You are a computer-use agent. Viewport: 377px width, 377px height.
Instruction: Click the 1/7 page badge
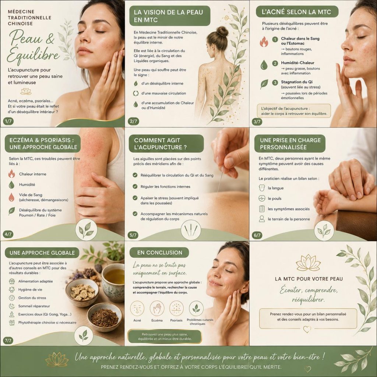[x=8, y=121]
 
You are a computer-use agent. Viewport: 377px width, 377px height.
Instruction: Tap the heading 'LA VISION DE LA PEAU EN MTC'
[x=168, y=16]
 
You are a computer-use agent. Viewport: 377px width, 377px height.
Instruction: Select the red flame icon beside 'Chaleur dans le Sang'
[x=264, y=41]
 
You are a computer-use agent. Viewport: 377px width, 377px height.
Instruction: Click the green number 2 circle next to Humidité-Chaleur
[x=275, y=63]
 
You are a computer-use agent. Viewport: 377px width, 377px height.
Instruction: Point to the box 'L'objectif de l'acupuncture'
[x=294, y=111]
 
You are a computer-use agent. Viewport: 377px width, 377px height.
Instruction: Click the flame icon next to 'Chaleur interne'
[x=11, y=174]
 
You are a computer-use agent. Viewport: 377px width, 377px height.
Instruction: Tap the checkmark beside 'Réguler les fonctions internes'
[x=135, y=186]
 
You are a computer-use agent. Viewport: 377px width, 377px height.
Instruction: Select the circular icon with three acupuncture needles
[x=191, y=230]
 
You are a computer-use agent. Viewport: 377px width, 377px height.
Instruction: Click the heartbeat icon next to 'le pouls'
[x=262, y=198]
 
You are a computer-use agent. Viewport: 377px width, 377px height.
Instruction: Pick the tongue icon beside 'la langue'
[x=262, y=188]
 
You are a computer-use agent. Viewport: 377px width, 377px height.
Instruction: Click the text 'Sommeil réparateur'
[x=34, y=306]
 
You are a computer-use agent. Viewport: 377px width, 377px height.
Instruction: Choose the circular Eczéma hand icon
[x=157, y=308]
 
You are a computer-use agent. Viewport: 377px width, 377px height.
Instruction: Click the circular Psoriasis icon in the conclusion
[x=176, y=308]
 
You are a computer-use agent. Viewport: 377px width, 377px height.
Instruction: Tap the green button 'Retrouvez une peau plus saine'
[x=165, y=337]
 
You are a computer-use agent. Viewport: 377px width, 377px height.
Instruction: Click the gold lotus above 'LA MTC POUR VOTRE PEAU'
[x=309, y=263]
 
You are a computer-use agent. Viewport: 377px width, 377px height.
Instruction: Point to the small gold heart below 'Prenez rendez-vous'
[x=307, y=329]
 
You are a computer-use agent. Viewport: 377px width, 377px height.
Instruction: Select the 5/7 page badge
[x=133, y=235]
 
